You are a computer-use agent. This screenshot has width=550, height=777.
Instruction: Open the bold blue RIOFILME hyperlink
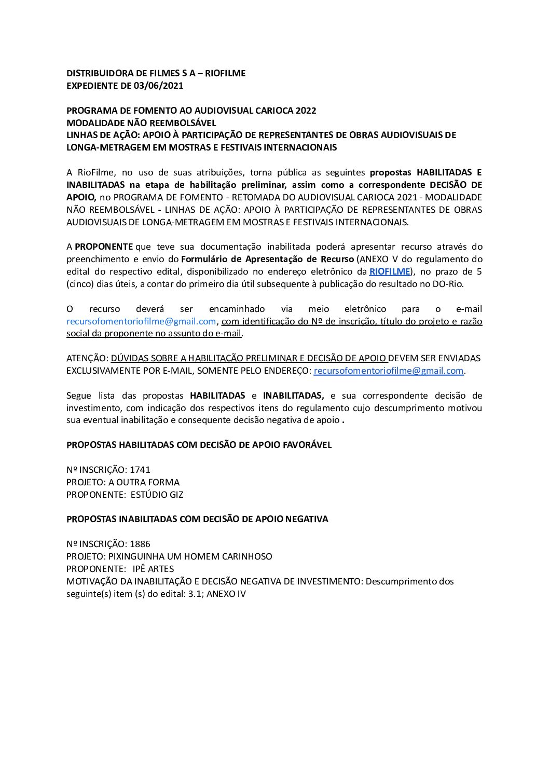pyautogui.click(x=390, y=271)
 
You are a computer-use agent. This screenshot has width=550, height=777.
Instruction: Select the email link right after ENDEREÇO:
pyautogui.click(x=389, y=371)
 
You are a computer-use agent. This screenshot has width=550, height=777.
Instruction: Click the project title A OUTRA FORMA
pyautogui.click(x=144, y=482)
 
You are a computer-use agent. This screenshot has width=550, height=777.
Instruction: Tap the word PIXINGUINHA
pyautogui.click(x=135, y=556)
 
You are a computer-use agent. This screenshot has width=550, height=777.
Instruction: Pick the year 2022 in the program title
pyautogui.click(x=306, y=111)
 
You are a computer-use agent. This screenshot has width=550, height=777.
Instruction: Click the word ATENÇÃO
pyautogui.click(x=87, y=358)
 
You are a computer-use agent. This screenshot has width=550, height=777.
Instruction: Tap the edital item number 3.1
pyautogui.click(x=195, y=594)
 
